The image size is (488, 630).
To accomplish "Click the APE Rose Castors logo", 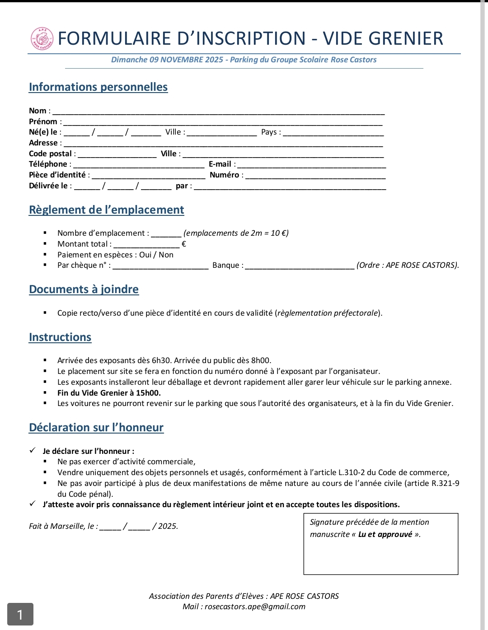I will (42, 39).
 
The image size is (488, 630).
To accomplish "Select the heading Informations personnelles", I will (98, 87).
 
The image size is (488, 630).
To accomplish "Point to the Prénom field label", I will (43, 121).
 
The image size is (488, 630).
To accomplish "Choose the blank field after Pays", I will (333, 134).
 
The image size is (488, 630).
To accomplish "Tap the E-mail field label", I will (220, 164).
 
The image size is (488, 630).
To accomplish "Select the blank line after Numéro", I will (315, 177).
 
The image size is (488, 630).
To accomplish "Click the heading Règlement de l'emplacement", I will (106, 210).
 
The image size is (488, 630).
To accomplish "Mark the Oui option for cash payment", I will (145, 255).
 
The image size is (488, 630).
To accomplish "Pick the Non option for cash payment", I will (166, 255).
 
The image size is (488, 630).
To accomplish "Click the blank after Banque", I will (299, 267).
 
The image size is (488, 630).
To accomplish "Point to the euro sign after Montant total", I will (183, 244).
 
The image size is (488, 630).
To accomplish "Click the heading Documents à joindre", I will (84, 289).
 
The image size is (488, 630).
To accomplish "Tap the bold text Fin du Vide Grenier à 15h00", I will (109, 393).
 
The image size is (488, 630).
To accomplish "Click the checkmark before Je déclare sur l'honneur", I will (33, 451).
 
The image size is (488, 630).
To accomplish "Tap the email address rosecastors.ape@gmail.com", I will (255, 607).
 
